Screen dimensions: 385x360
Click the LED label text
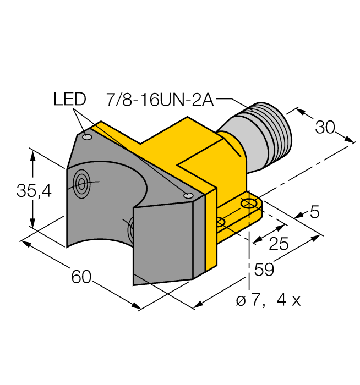(70, 100)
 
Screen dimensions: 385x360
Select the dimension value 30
(325, 128)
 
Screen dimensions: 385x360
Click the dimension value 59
(263, 269)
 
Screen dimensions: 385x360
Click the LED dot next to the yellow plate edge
(188, 195)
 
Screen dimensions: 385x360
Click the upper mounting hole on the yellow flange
(250, 204)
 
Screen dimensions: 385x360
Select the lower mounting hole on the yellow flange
(221, 222)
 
